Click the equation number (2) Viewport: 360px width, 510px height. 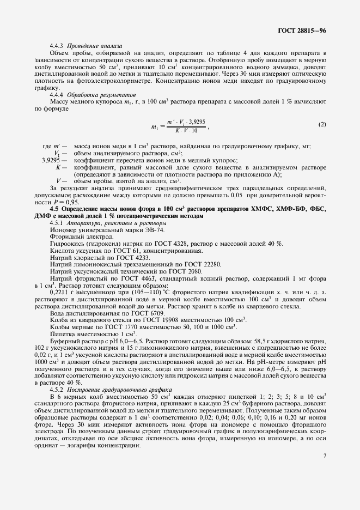(322, 124)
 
